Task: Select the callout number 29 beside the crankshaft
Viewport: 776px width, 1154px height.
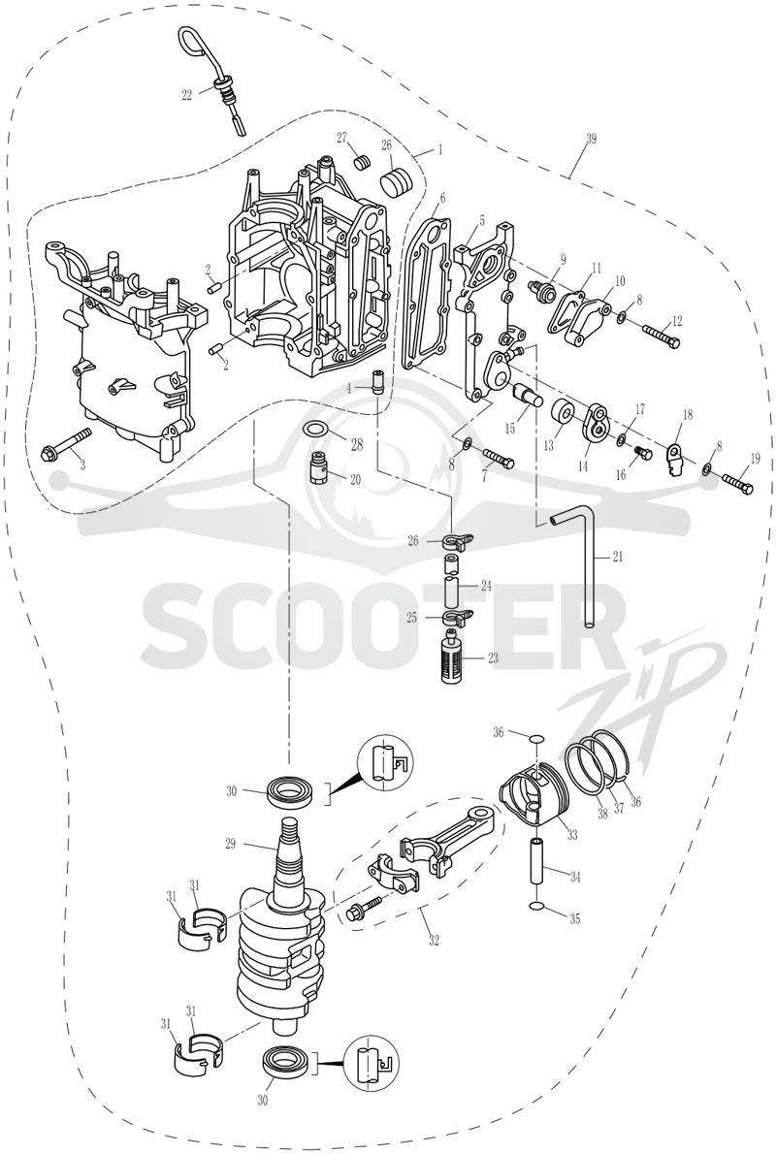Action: (230, 844)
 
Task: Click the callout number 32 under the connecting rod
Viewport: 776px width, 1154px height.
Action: (435, 940)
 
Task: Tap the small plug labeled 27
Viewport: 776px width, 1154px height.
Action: (361, 161)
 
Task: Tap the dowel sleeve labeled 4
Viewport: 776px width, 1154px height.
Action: (380, 383)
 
